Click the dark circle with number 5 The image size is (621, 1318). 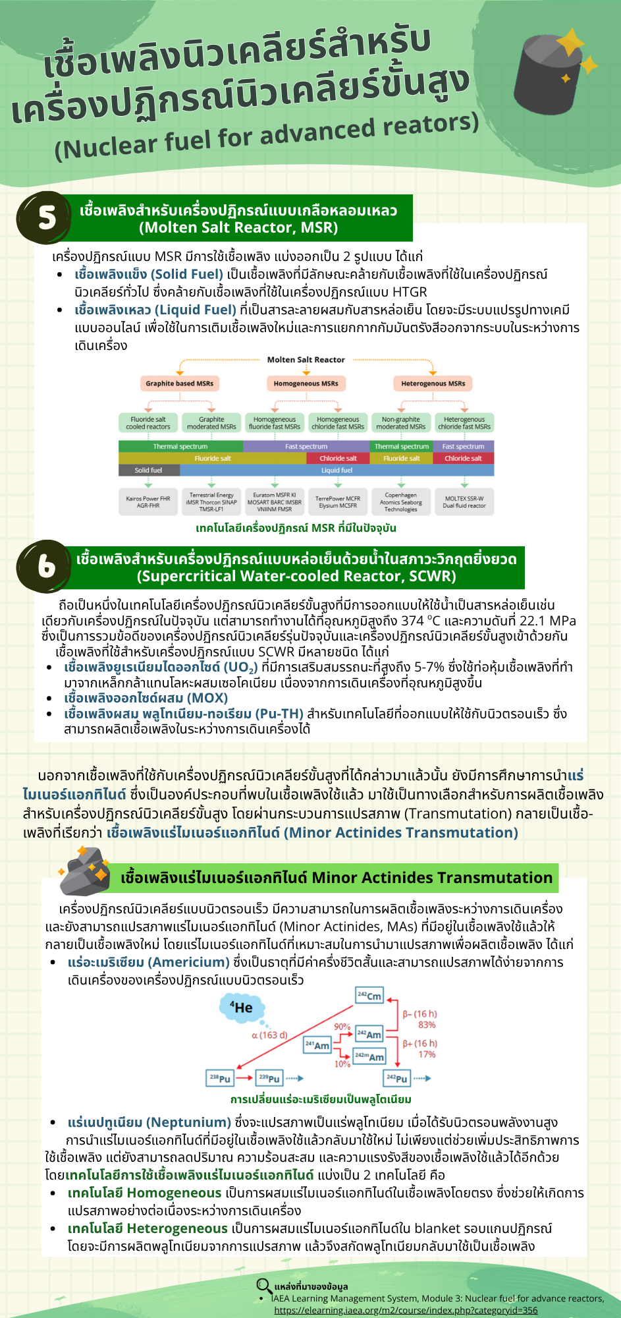(44, 217)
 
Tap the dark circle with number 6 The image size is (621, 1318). (44, 566)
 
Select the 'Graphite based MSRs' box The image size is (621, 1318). (179, 384)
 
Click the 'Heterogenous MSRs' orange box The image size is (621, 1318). (433, 384)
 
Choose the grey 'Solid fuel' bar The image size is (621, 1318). (148, 471)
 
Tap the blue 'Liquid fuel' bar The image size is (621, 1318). (337, 471)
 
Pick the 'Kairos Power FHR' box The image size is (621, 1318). (148, 502)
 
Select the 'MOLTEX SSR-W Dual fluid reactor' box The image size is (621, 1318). (464, 502)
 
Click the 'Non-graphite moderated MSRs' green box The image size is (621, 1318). (400, 423)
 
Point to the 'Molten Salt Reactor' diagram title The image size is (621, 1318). (306, 360)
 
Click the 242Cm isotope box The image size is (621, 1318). (369, 996)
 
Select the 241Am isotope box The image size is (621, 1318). (317, 1045)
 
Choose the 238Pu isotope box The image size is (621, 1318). (220, 1078)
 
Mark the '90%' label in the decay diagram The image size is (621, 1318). (342, 1027)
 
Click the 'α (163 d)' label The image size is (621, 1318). (269, 1035)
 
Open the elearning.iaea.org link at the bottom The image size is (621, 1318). (406, 1310)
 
